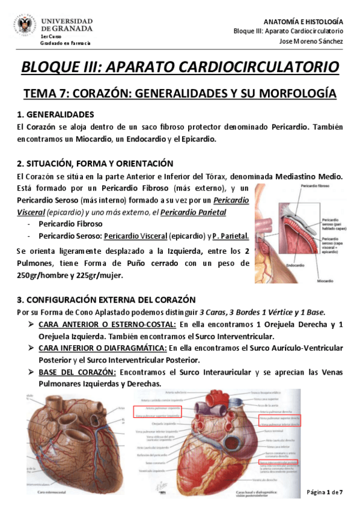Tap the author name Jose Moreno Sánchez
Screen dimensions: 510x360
coord(312,41)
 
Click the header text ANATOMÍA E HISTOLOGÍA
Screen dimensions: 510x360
coord(306,20)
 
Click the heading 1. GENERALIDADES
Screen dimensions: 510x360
coord(55,114)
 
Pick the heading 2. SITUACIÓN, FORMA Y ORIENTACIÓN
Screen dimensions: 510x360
coord(95,164)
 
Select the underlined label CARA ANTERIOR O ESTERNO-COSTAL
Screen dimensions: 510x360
coord(106,325)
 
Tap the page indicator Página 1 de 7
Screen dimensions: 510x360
coord(325,493)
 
